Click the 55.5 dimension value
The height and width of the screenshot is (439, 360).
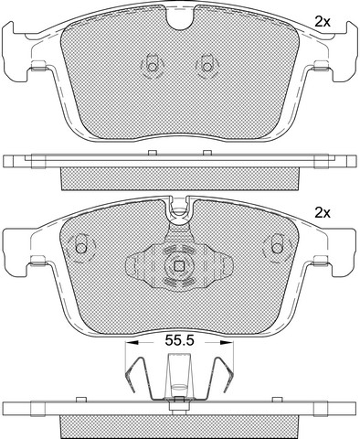(x=179, y=340)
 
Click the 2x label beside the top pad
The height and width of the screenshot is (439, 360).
(x=323, y=22)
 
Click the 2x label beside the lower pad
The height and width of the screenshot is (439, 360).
(x=323, y=213)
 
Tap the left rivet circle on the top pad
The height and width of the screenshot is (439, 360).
(x=153, y=67)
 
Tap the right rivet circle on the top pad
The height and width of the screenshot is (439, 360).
(x=207, y=67)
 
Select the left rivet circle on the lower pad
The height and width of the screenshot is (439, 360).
(x=81, y=248)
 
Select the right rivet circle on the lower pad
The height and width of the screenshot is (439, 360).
(x=277, y=248)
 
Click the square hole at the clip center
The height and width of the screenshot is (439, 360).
(x=178, y=266)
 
